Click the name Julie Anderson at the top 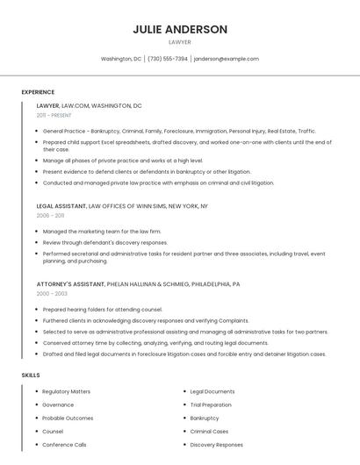(180, 29)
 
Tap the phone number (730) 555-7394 (167, 59)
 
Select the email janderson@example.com (226, 59)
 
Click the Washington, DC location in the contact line (121, 59)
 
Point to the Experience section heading (38, 92)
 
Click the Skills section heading (31, 375)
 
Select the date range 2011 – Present (54, 115)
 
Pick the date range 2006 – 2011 (50, 215)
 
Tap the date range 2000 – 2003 (51, 293)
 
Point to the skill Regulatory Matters (66, 391)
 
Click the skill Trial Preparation (211, 404)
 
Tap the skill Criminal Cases (209, 431)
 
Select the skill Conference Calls (64, 445)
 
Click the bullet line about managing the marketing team (102, 232)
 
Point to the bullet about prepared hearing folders (103, 310)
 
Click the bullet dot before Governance (36, 405)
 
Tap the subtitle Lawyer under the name (180, 42)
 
